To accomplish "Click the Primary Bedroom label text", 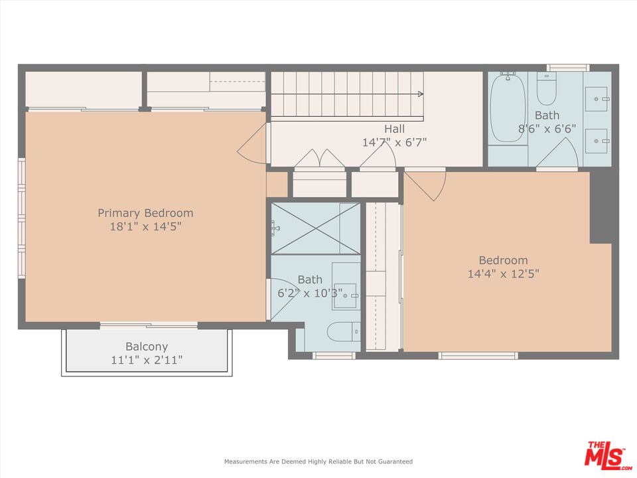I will click(x=145, y=213).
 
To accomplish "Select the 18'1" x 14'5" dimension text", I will click(x=145, y=227).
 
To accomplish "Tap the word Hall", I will click(x=393, y=129).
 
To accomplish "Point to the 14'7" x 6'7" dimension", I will click(x=393, y=142).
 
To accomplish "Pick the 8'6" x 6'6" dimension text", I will click(x=547, y=129).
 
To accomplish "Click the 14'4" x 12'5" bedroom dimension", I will click(x=503, y=274).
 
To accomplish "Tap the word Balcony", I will click(x=147, y=347).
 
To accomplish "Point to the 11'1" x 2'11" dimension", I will click(x=147, y=360).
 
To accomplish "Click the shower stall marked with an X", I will click(x=316, y=228).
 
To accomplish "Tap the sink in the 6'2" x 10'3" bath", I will click(x=345, y=295).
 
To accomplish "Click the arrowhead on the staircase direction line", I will click(x=420, y=94).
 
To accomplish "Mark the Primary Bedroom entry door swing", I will click(x=253, y=144).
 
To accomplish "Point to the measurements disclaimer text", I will click(x=318, y=461).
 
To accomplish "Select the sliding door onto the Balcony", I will click(x=149, y=325).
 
